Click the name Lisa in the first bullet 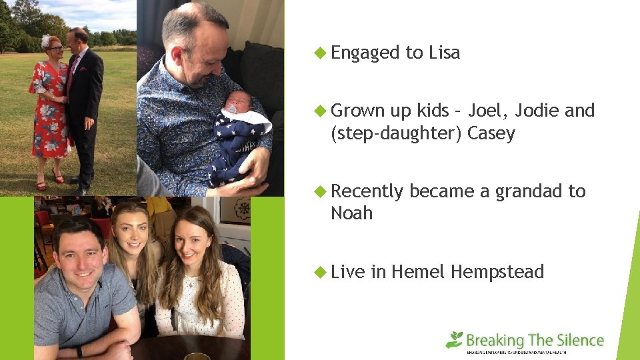coord(444,53)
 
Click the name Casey coord(491,133)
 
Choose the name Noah coord(352,214)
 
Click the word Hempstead coord(497,272)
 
